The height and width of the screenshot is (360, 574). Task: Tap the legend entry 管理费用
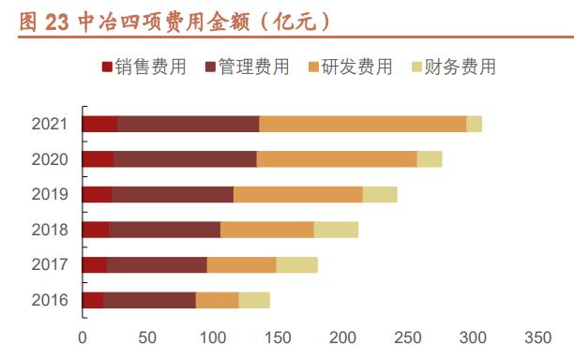(246, 67)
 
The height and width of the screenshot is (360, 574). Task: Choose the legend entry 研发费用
(350, 67)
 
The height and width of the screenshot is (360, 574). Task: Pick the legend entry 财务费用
(453, 67)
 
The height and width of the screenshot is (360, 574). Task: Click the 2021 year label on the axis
(49, 124)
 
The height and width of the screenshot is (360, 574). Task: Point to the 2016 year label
(49, 300)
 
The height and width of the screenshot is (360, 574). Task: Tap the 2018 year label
(49, 230)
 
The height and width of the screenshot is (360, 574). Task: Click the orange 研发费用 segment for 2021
(362, 124)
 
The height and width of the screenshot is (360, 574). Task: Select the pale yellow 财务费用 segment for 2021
(474, 124)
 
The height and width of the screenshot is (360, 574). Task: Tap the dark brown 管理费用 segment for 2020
(185, 159)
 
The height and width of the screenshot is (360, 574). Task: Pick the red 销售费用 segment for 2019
(97, 194)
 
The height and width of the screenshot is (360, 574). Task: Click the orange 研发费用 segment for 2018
(266, 230)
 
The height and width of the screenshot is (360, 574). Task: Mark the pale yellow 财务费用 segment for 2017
(296, 264)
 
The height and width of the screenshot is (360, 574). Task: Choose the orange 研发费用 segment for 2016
(217, 300)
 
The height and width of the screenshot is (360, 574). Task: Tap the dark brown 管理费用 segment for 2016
(149, 300)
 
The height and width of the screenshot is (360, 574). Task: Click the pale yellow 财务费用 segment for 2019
(379, 194)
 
